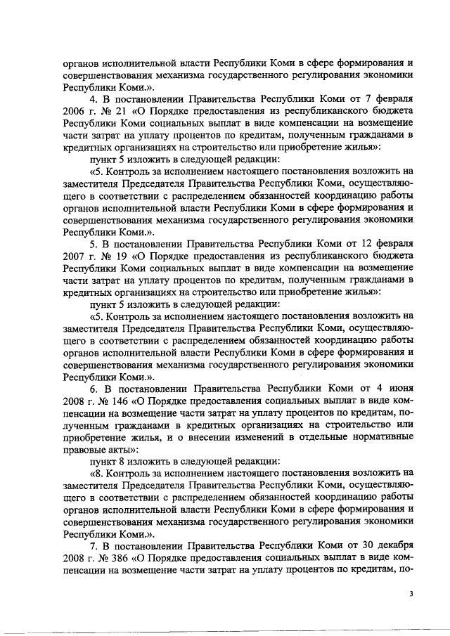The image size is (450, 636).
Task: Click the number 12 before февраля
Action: coord(354,243)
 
